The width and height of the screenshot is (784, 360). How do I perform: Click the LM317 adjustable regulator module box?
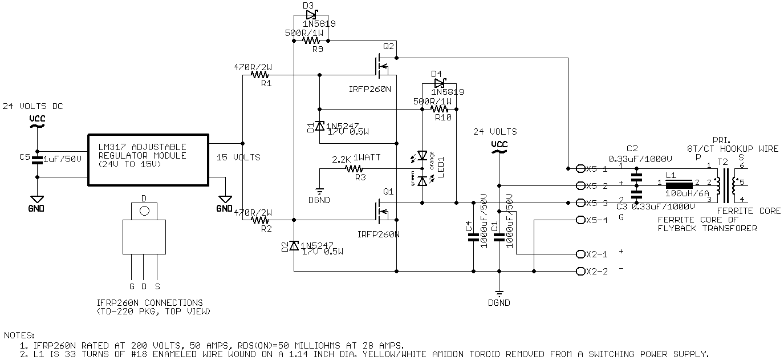pyautogui.click(x=148, y=159)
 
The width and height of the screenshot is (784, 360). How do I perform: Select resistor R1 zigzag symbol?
pyautogui.click(x=261, y=74)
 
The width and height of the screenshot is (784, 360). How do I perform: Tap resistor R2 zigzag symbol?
pyautogui.click(x=261, y=220)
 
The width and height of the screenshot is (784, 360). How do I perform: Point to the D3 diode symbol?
pyautogui.click(x=311, y=15)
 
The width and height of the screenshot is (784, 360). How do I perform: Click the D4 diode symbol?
pyautogui.click(x=438, y=83)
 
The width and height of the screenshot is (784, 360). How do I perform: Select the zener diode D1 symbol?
pyautogui.click(x=320, y=126)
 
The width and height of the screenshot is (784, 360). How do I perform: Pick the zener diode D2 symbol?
pyautogui.click(x=294, y=245)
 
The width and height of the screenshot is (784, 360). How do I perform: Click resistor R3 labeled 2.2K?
pyautogui.click(x=354, y=168)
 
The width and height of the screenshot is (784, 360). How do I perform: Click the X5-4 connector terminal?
pyautogui.click(x=580, y=220)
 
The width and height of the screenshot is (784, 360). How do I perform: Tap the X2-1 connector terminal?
pyautogui.click(x=580, y=254)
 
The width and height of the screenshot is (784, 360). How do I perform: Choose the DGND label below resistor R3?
pyautogui.click(x=320, y=200)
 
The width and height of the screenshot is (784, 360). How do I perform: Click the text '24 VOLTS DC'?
pyautogui.click(x=33, y=106)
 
